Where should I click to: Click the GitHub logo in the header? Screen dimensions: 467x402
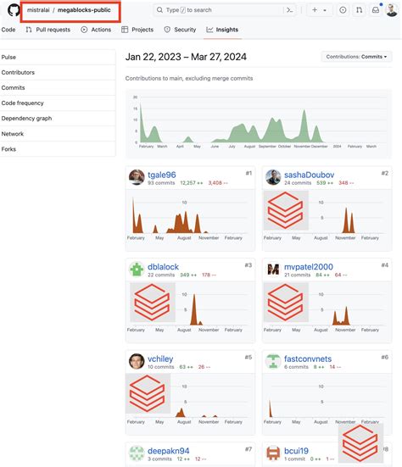[14, 10]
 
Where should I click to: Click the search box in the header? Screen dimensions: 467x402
[216, 10]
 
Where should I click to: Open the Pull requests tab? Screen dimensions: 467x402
[49, 30]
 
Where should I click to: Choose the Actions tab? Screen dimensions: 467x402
[97, 30]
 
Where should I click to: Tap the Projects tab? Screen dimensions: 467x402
[137, 30]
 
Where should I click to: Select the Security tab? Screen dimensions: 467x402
[180, 30]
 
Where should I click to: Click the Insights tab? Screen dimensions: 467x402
[222, 30]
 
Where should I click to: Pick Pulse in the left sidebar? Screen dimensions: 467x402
[9, 58]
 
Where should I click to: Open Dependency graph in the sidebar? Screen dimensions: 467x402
[27, 119]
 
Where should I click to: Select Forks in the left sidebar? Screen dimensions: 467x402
[9, 149]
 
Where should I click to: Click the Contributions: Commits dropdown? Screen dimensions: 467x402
[356, 57]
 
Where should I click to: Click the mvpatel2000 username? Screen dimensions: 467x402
[309, 267]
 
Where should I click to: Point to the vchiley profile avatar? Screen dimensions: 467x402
[137, 359]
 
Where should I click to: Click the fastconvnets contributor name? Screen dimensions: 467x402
[308, 359]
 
